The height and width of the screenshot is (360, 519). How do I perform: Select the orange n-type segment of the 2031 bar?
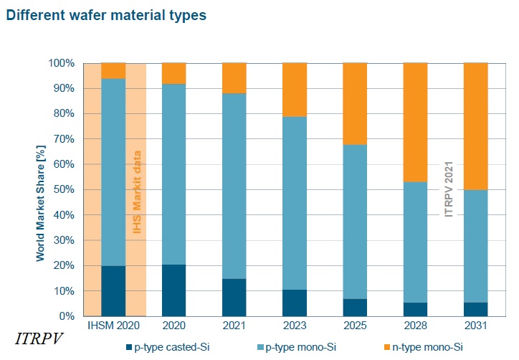(476, 126)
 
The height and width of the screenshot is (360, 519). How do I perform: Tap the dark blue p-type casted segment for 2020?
(174, 290)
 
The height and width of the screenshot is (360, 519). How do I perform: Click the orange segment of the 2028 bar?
(416, 122)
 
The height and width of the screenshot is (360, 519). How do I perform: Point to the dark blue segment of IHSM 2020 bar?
(113, 291)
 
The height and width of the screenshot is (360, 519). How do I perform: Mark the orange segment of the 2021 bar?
(234, 78)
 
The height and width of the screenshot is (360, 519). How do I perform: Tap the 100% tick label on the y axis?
(61, 63)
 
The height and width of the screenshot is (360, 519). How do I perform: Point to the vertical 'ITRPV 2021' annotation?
(449, 190)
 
